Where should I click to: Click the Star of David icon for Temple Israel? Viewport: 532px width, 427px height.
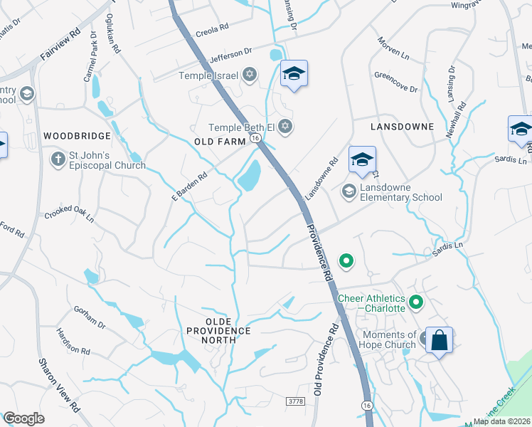[249, 74]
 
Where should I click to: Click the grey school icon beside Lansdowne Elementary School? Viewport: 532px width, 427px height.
[349, 191]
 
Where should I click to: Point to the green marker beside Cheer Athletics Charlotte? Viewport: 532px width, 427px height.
[417, 303]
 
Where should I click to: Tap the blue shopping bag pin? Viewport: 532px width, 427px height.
[440, 340]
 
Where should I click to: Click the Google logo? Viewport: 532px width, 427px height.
[23, 418]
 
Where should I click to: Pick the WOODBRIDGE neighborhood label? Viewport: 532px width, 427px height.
[77, 135]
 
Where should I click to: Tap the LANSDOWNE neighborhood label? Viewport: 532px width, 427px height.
[402, 126]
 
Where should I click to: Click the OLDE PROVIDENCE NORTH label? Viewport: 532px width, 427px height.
[218, 335]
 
